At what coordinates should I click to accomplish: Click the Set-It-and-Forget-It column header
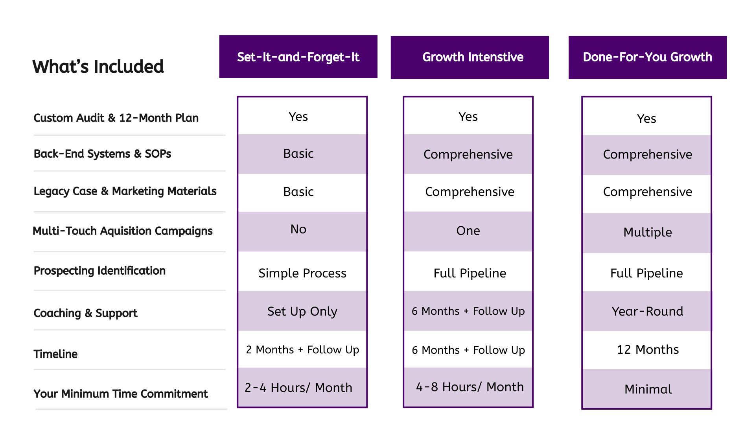298,57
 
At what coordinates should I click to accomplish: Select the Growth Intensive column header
473,57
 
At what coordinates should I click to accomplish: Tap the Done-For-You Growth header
647,57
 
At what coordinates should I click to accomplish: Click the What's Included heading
98,67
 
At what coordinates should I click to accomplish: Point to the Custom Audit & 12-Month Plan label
116,118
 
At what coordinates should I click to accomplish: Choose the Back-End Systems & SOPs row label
102,154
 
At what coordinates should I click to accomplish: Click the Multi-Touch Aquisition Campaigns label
123,231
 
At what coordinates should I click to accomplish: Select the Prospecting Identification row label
99,271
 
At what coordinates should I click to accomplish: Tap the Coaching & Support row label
85,313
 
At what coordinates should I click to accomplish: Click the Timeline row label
55,354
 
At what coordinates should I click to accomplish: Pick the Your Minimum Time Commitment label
121,394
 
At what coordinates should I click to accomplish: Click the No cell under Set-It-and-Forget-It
298,229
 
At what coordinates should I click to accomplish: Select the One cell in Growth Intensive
468,231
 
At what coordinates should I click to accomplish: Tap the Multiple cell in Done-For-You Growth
647,232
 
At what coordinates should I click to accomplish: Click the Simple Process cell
302,273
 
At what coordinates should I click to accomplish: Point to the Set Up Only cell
302,311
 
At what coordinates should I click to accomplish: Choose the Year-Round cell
647,311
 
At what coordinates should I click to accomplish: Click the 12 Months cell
647,349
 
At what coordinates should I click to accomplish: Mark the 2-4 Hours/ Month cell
298,388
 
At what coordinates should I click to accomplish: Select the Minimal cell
648,389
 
